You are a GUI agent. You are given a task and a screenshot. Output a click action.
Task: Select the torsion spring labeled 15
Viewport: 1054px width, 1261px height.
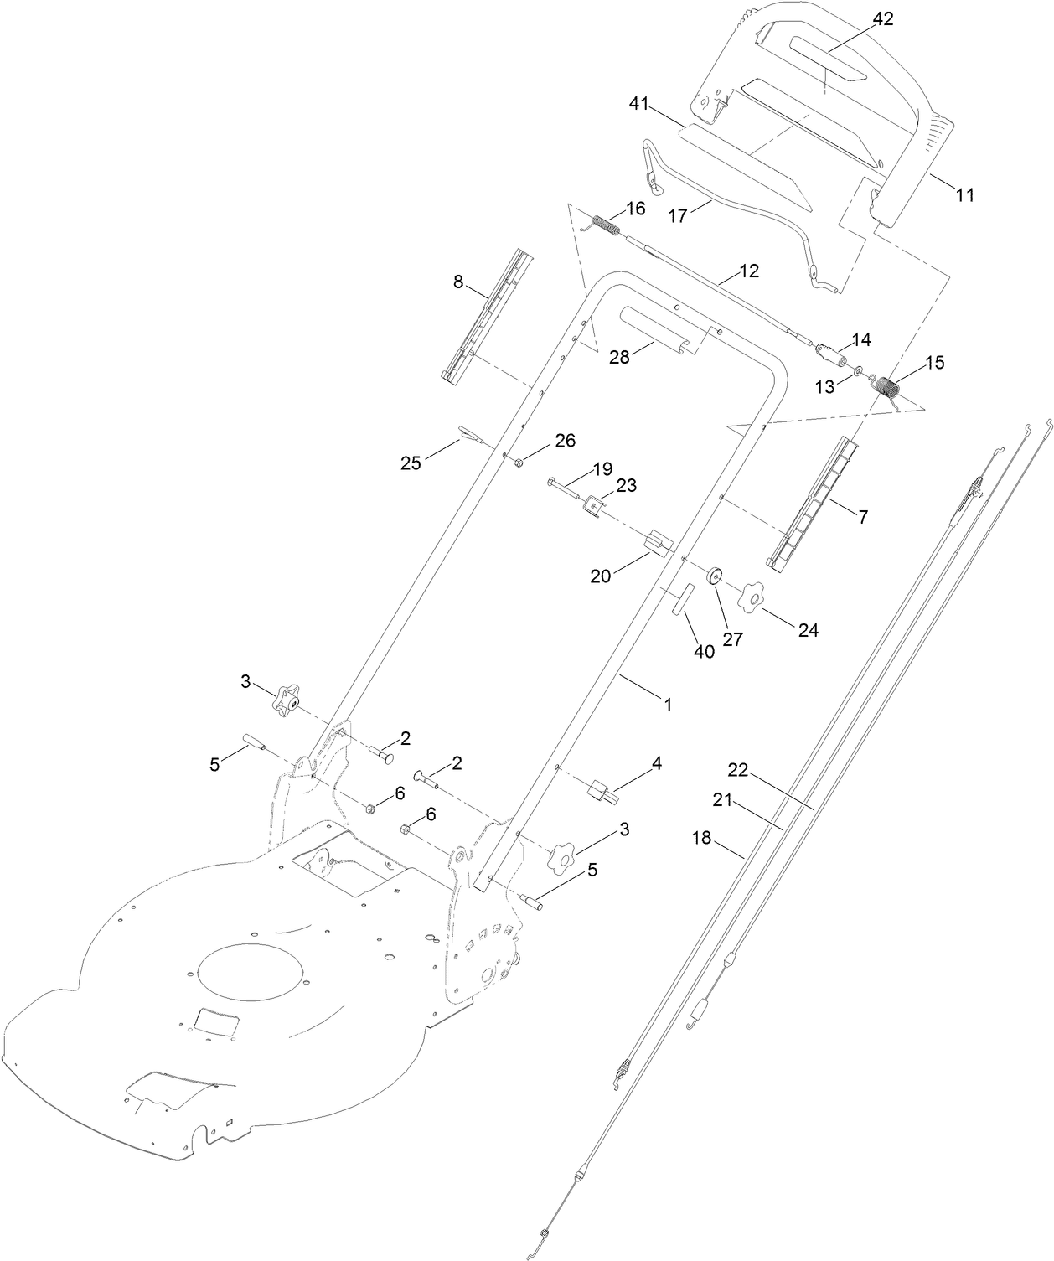coord(886,388)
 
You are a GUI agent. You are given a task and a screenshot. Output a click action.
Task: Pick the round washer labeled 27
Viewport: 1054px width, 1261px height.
coord(715,577)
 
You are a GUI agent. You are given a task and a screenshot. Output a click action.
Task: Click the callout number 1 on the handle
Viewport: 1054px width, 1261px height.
coord(668,705)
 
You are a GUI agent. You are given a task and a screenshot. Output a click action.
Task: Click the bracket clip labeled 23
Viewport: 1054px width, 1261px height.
coord(596,505)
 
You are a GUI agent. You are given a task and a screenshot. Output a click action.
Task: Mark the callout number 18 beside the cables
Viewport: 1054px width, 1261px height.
coord(701,837)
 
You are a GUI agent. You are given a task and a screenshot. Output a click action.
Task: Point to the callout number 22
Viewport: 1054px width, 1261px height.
coord(737,769)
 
